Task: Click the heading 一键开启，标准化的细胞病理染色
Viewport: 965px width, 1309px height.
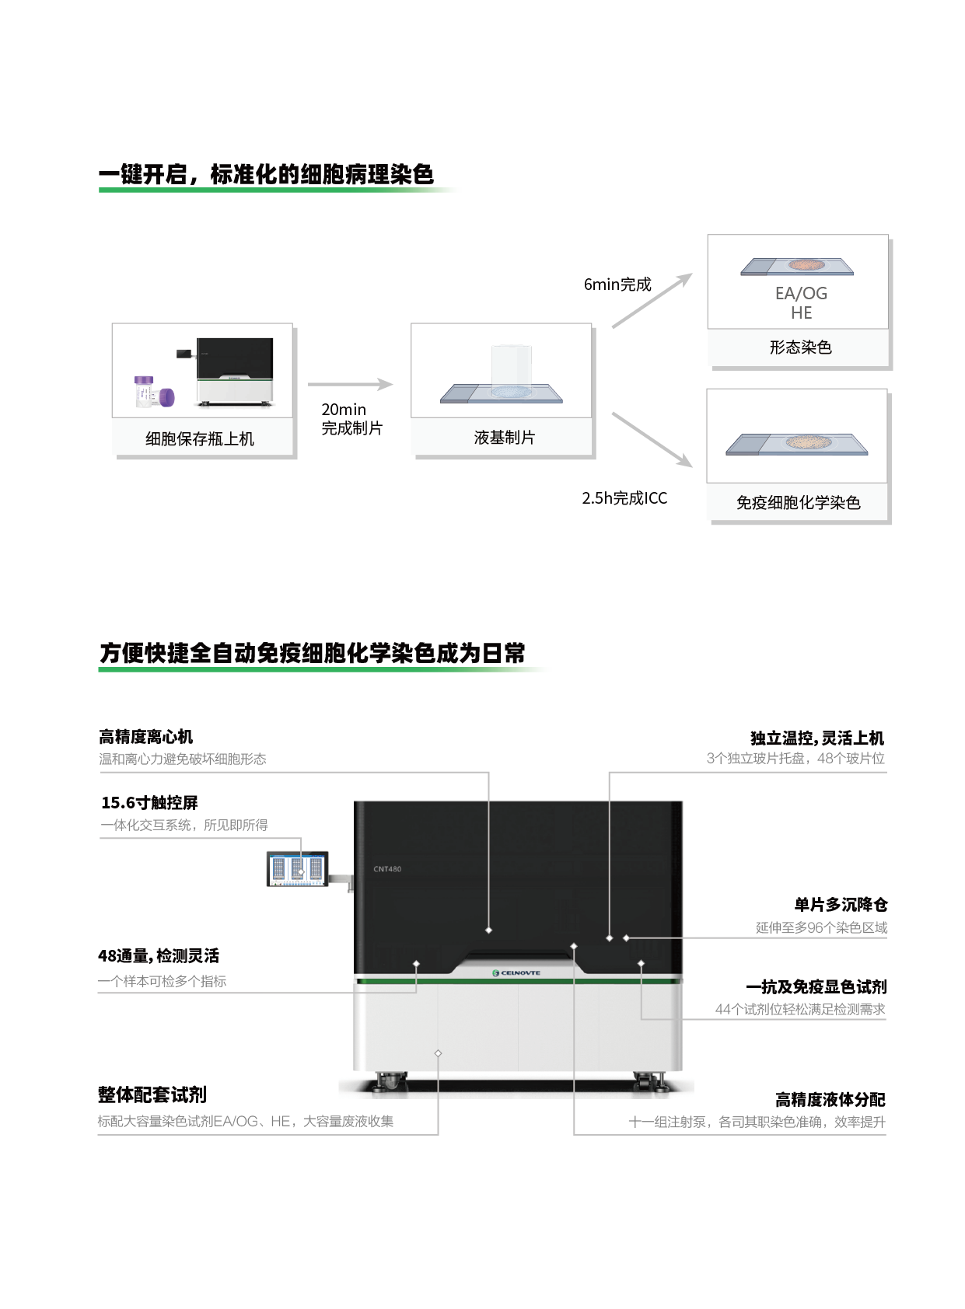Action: [266, 175]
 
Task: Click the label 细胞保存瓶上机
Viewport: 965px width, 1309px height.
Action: [200, 439]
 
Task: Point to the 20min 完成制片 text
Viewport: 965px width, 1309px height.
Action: [351, 419]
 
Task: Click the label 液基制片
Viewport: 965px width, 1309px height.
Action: [505, 438]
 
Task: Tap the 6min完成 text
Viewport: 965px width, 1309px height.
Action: [617, 284]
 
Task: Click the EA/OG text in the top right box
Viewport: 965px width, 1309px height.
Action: [801, 294]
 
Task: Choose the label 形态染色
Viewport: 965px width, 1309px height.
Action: [800, 347]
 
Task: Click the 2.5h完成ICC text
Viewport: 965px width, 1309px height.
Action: [624, 498]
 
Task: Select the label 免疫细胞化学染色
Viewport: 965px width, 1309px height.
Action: [798, 503]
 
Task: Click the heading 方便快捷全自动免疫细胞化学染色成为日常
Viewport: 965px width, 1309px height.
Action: [312, 653]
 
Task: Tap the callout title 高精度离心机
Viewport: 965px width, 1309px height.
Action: [145, 736]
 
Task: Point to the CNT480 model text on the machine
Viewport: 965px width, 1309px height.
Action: [387, 869]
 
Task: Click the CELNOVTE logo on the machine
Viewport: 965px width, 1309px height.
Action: [516, 973]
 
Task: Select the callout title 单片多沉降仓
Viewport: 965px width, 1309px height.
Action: [841, 905]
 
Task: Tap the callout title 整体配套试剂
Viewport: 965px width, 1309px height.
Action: [152, 1095]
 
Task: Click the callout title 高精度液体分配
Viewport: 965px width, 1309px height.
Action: [830, 1100]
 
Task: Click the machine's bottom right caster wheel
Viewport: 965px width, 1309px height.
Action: [647, 1080]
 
